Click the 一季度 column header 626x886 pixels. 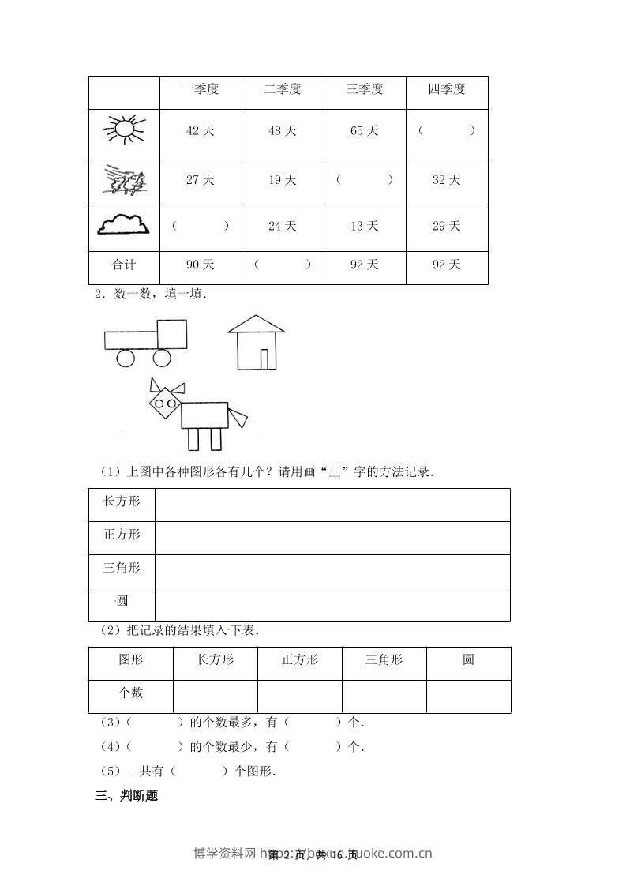click(x=201, y=89)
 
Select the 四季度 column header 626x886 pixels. click(x=447, y=89)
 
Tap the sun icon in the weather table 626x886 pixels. click(x=124, y=130)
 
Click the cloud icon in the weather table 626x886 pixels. click(x=123, y=226)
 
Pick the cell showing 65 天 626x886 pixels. click(x=365, y=130)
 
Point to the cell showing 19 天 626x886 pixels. click(x=283, y=180)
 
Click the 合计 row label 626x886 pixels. click(x=124, y=265)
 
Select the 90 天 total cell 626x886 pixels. click(x=201, y=265)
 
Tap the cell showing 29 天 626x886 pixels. click(x=447, y=227)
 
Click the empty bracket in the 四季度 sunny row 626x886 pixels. click(x=447, y=130)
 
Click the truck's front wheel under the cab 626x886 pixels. click(x=162, y=359)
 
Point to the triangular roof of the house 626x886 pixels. click(x=256, y=325)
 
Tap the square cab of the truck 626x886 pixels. click(x=172, y=334)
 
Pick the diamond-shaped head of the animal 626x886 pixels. click(x=166, y=405)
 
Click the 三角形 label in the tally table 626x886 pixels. click(x=122, y=568)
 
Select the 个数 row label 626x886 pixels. click(x=130, y=693)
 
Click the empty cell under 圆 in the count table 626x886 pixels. click(x=468, y=696)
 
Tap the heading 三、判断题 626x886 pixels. click(x=126, y=796)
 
